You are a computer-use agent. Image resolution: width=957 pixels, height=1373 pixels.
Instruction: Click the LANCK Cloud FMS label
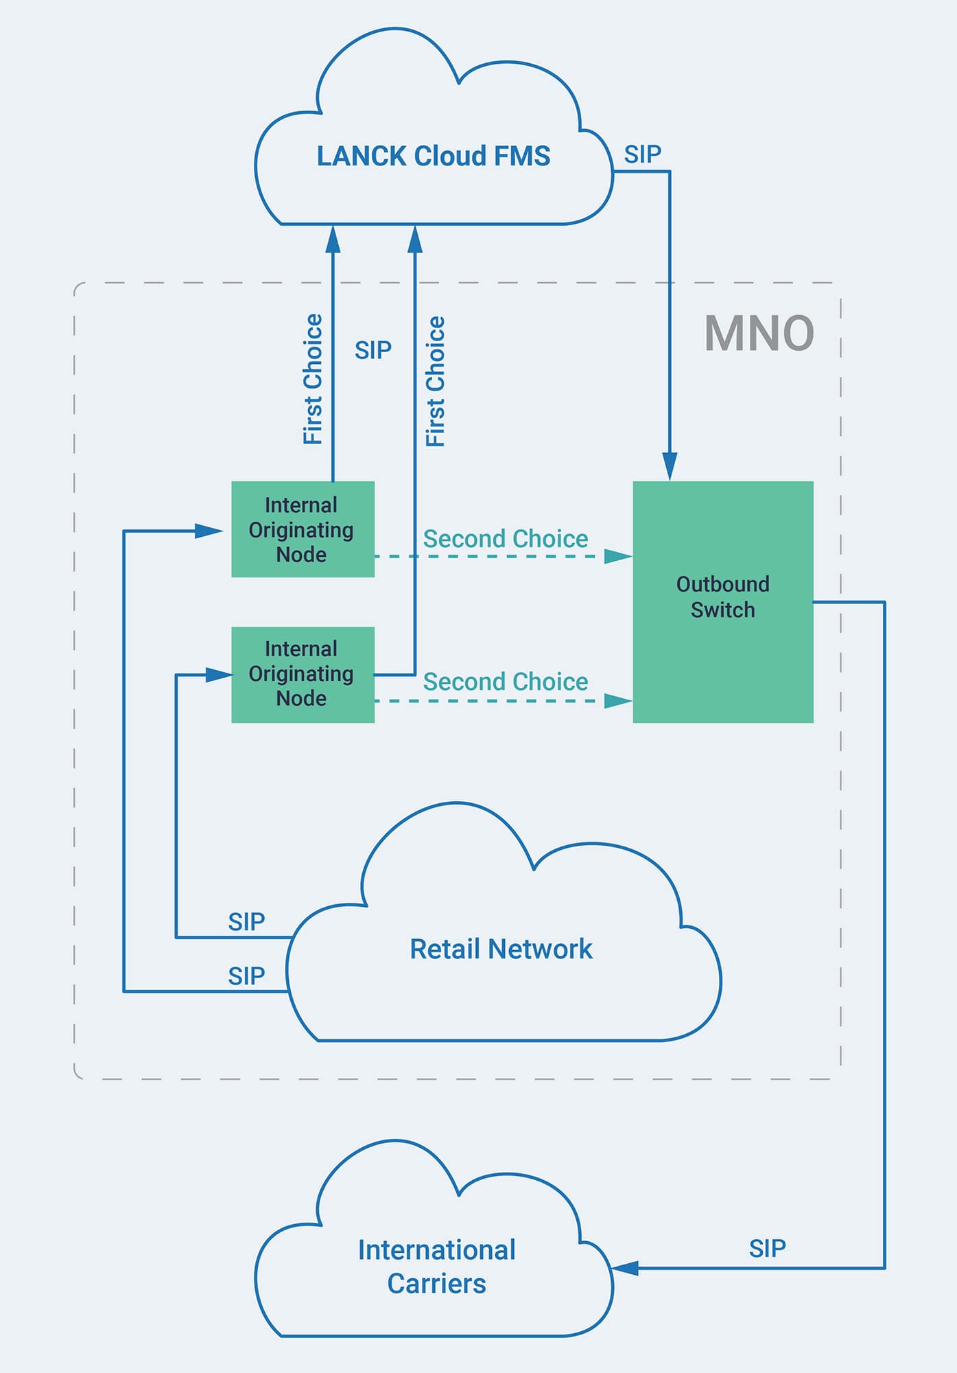pos(433,157)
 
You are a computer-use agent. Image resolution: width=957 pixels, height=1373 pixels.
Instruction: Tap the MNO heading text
pos(759,334)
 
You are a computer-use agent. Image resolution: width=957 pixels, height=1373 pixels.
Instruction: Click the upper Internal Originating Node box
pos(303,529)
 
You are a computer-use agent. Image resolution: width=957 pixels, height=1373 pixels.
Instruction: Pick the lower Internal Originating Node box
pos(303,674)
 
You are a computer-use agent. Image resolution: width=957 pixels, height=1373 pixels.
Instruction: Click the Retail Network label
pos(501,949)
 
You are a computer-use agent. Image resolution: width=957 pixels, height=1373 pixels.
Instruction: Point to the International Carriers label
pos(436,1267)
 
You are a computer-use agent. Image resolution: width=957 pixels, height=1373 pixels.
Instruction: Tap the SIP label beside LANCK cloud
pos(642,154)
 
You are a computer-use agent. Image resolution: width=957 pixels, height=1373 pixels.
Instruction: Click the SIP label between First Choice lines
pos(373,351)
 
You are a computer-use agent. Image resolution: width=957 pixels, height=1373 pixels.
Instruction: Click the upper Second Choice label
pos(505,539)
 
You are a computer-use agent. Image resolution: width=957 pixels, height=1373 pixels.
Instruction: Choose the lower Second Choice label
pos(505,682)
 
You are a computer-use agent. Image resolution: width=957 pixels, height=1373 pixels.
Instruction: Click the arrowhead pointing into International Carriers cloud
pos(624,1268)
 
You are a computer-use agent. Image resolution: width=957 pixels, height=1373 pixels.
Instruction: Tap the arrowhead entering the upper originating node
pos(209,531)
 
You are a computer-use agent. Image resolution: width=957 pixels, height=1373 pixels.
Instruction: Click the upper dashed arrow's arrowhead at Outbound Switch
pos(617,556)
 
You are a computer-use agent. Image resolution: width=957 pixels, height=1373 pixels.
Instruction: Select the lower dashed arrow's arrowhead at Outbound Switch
pos(617,701)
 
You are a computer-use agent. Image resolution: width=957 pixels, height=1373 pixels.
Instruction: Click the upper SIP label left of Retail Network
pos(246,922)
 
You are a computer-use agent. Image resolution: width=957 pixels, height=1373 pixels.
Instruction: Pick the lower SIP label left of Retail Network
pos(246,976)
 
